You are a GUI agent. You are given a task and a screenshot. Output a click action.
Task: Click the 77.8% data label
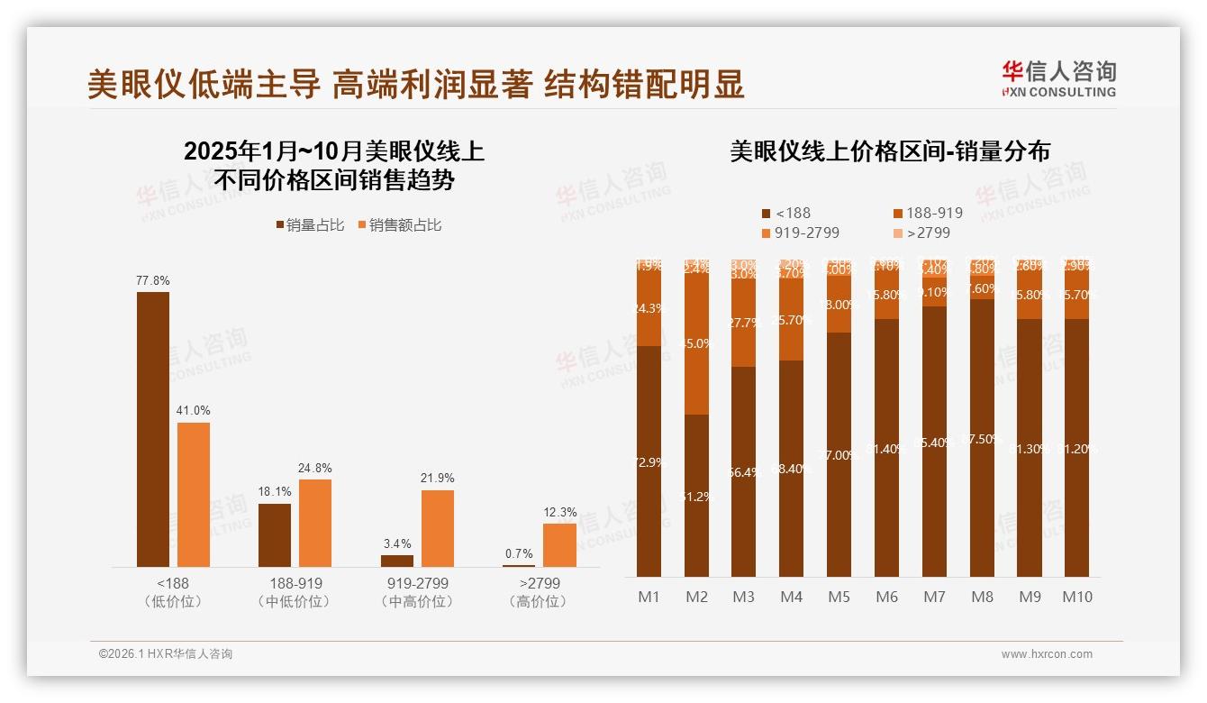coord(153,280)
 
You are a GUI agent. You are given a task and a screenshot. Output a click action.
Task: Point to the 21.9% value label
coord(438,478)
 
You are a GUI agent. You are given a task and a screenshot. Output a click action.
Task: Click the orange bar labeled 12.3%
coord(559,544)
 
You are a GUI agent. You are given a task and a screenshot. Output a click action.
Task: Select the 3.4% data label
coord(396,543)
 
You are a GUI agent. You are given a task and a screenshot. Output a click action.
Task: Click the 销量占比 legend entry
coord(310,225)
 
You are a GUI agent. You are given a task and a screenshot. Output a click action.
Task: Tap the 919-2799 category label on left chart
coord(417,583)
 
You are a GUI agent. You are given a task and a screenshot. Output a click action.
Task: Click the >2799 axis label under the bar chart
coord(539,583)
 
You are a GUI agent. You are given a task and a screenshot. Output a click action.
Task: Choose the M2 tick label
coord(696,597)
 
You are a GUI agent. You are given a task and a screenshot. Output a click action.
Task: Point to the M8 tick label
coord(982,597)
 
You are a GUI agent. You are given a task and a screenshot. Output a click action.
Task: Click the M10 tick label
coord(1076,597)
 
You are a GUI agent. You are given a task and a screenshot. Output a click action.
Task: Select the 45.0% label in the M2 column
coord(696,343)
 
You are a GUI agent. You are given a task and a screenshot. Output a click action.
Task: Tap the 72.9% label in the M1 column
coord(649,461)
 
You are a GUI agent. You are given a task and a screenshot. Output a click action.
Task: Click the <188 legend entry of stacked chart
coord(786,214)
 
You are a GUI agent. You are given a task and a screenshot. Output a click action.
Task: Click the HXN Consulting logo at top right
coord(1058,78)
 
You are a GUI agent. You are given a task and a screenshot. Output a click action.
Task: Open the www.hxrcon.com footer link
coord(1047,654)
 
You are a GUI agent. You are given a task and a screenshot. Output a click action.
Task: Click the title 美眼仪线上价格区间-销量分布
coord(889,151)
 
